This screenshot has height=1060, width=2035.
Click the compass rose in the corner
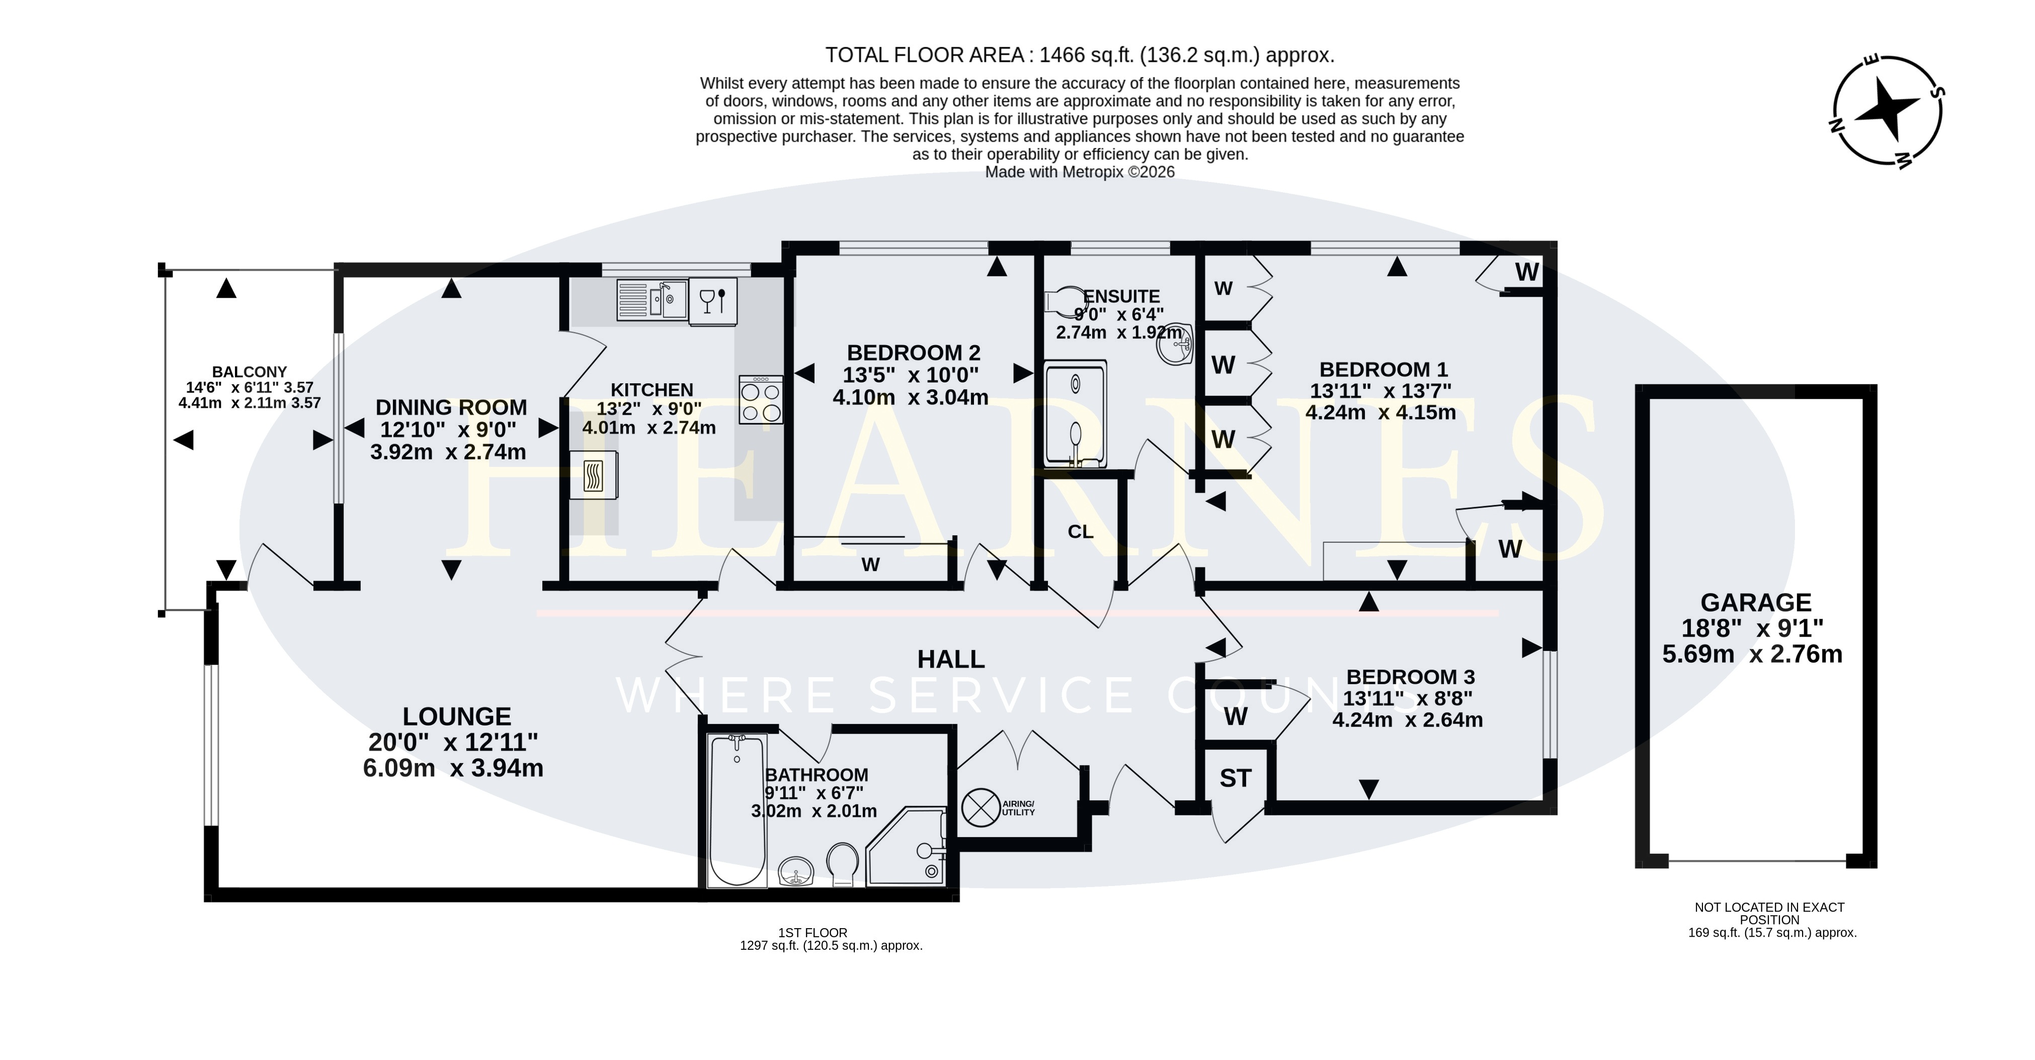1887,111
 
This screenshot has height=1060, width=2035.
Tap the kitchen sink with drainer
652,300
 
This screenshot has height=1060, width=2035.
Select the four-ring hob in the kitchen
761,400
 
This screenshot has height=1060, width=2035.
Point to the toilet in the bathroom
843,864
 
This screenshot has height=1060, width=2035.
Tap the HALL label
950,659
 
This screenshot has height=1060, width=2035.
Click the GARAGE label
1755,603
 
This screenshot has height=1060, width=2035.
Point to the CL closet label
1081,532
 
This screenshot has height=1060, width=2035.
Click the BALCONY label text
249,372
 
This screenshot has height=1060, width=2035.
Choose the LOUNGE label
457,716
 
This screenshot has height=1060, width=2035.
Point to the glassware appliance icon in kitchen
712,301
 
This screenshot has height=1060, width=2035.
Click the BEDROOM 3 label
1411,677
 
